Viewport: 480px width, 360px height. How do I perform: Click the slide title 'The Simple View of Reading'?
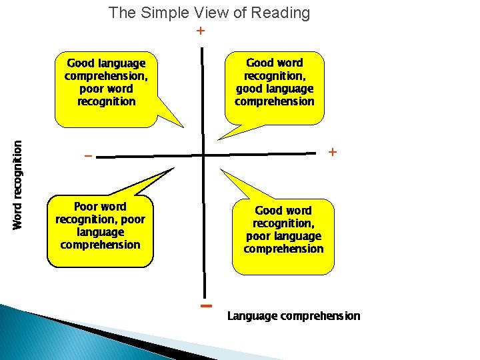[x=209, y=13]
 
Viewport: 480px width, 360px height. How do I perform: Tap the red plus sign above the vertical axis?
[x=200, y=31]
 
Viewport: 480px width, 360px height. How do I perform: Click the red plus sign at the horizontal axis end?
[x=333, y=153]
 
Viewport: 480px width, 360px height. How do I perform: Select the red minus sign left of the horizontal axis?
[x=87, y=157]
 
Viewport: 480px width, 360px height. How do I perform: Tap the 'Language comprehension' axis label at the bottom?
[x=293, y=316]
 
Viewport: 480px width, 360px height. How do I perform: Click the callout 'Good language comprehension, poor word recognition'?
[x=107, y=83]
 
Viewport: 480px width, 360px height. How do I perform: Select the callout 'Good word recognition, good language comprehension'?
[x=275, y=82]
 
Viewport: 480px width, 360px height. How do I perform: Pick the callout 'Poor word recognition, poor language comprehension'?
[x=100, y=226]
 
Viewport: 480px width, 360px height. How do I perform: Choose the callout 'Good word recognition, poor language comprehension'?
[x=283, y=230]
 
